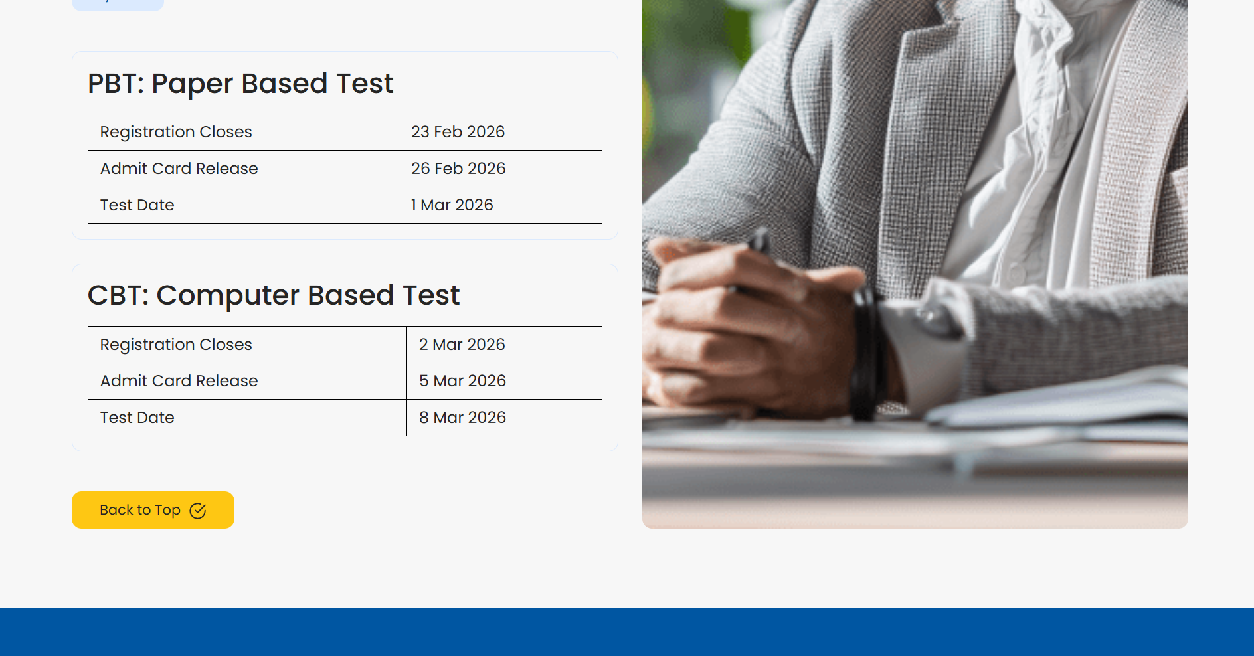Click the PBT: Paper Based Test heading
tap(240, 84)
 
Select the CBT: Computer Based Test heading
tap(273, 296)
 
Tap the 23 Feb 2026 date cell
tap(458, 132)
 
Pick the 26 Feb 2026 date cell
tap(458, 169)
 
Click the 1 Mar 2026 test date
tap(452, 205)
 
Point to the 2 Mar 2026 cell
tap(462, 345)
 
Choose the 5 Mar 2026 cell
tap(462, 381)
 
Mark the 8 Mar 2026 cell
tap(462, 418)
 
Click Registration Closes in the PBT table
tap(176, 132)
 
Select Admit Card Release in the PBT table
tap(179, 169)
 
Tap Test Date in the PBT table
tap(137, 205)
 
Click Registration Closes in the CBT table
tap(176, 345)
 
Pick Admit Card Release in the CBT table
tap(179, 381)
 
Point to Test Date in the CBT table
tap(137, 418)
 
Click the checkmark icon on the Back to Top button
tap(198, 511)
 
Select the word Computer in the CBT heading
tap(228, 296)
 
